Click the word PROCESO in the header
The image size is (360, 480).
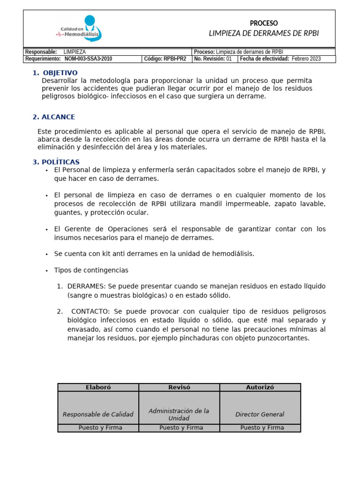coord(263,23)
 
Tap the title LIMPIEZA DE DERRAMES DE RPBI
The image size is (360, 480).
coord(263,33)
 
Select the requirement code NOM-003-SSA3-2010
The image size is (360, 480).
coord(88,59)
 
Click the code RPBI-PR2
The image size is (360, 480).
coord(174,59)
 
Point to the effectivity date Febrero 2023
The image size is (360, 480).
coord(306,59)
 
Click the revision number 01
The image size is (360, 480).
coord(229,59)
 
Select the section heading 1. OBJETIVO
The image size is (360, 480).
coord(55,73)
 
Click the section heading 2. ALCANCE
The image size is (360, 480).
coord(53,117)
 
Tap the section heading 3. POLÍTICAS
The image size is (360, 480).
coord(56,162)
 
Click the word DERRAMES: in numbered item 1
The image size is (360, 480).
coord(87,286)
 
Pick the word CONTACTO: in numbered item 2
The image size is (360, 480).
coord(90,312)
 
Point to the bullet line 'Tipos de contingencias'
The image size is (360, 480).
coord(91,270)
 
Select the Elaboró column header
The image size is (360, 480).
coord(98,387)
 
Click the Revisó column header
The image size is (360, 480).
coord(179,387)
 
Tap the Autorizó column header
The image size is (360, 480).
coord(260,387)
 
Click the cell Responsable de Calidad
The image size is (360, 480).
coord(98,414)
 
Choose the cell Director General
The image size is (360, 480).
coord(260,414)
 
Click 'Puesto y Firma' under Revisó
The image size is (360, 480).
coord(179,427)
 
